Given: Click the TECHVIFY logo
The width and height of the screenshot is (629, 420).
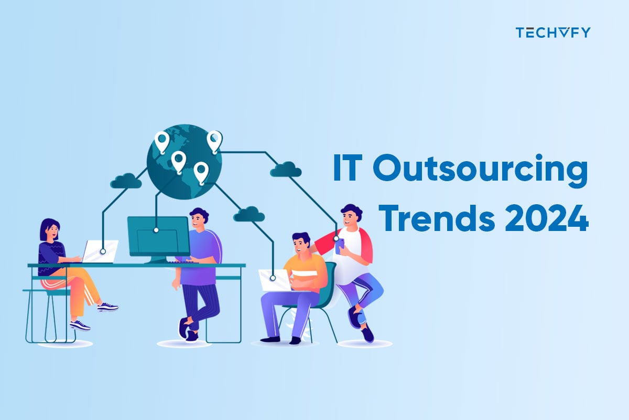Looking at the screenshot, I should (x=552, y=33).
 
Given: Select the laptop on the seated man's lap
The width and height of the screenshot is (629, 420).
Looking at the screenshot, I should (x=276, y=280).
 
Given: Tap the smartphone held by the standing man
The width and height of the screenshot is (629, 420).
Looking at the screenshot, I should (x=340, y=244).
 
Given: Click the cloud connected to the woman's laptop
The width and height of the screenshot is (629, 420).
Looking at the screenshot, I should (x=126, y=181).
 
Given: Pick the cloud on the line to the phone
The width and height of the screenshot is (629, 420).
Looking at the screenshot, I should (x=286, y=169).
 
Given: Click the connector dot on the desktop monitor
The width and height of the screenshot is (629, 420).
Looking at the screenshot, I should (x=156, y=230).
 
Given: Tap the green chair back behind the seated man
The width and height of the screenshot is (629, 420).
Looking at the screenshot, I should (x=330, y=278).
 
